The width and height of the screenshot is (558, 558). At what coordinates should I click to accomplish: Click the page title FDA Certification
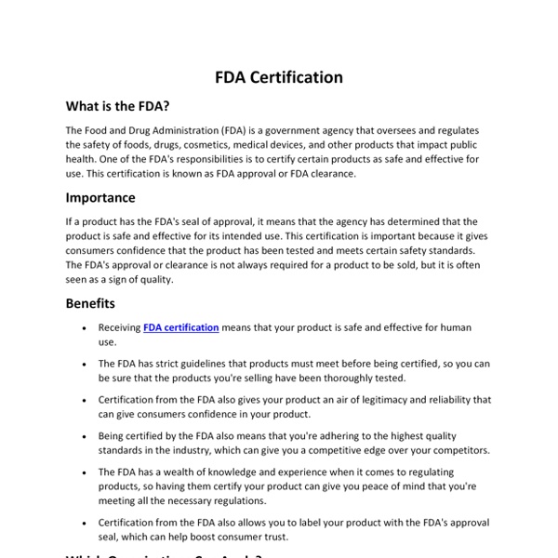click(x=278, y=77)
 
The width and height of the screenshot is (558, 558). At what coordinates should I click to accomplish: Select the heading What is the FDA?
click(x=117, y=107)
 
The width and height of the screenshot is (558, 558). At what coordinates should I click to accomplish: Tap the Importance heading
click(x=100, y=197)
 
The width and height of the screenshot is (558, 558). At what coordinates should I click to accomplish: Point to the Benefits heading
click(x=91, y=303)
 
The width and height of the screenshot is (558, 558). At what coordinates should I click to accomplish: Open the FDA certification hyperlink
click(x=181, y=328)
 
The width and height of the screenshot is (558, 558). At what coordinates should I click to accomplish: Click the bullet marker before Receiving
click(x=85, y=328)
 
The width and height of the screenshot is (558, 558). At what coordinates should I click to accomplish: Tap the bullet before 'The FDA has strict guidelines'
click(x=85, y=365)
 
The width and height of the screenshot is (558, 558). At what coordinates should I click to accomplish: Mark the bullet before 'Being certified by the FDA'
click(x=85, y=436)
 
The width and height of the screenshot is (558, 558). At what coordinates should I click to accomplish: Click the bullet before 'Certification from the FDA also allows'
click(x=85, y=522)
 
